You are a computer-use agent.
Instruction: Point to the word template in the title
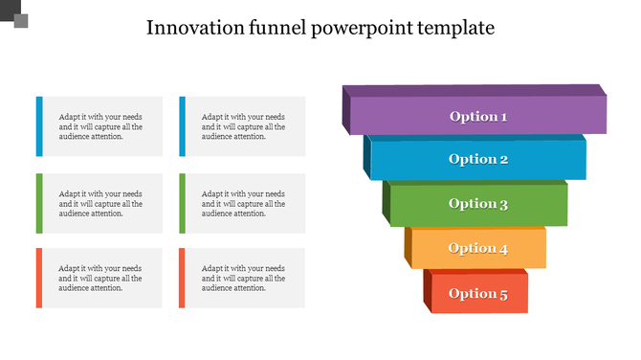pos(456,28)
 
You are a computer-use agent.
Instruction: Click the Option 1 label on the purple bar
pos(478,117)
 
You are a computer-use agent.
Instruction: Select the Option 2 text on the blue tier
pos(478,159)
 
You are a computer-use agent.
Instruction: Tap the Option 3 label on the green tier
pos(478,203)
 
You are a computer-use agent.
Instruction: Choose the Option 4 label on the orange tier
pos(478,248)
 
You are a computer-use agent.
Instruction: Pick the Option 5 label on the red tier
pos(478,293)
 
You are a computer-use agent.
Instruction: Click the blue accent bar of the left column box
pos(39,125)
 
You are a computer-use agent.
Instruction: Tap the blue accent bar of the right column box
pos(182,125)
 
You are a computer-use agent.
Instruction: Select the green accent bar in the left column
pos(39,203)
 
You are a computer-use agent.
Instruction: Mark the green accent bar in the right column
pos(182,203)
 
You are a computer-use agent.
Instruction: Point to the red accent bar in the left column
pos(39,278)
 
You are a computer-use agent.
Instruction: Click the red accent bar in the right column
pos(182,278)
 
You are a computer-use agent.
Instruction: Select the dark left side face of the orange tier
pos(408,247)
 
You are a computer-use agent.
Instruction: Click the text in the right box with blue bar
pos(243,126)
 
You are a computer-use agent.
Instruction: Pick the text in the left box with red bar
pos(99,278)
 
